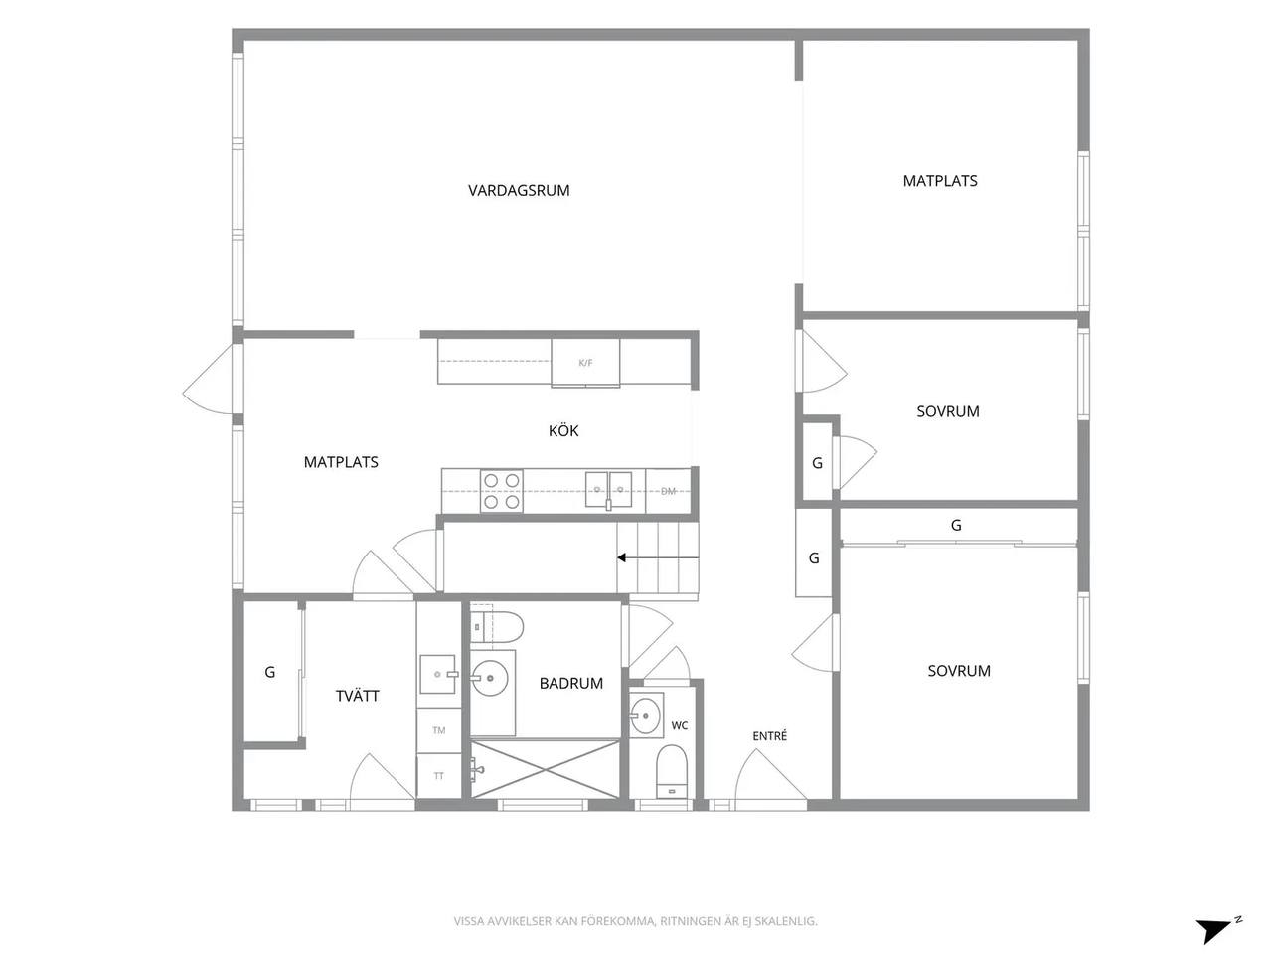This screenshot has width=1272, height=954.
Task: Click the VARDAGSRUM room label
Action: click(x=519, y=190)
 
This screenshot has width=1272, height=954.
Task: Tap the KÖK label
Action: click(x=563, y=430)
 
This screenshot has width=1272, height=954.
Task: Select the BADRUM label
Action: click(x=570, y=683)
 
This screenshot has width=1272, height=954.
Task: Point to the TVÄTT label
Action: click(x=357, y=695)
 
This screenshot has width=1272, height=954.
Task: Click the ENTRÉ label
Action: click(x=769, y=735)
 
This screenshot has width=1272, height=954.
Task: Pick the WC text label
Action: click(x=679, y=725)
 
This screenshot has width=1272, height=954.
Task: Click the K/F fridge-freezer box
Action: click(x=585, y=363)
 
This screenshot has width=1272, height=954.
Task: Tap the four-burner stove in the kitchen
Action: click(x=501, y=491)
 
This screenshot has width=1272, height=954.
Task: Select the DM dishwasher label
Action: click(x=668, y=491)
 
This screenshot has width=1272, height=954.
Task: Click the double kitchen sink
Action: click(x=608, y=490)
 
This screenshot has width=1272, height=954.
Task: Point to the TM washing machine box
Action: click(x=438, y=730)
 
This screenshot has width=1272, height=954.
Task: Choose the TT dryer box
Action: click(x=438, y=775)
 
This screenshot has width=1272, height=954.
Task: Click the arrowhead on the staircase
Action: click(x=622, y=557)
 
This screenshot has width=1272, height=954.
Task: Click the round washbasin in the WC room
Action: click(x=645, y=715)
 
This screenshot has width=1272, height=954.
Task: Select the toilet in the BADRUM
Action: click(x=496, y=627)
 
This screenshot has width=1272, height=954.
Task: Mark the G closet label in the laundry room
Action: click(x=269, y=672)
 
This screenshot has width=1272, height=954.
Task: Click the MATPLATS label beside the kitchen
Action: click(x=341, y=462)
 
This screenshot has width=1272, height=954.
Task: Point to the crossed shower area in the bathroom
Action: click(x=545, y=769)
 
